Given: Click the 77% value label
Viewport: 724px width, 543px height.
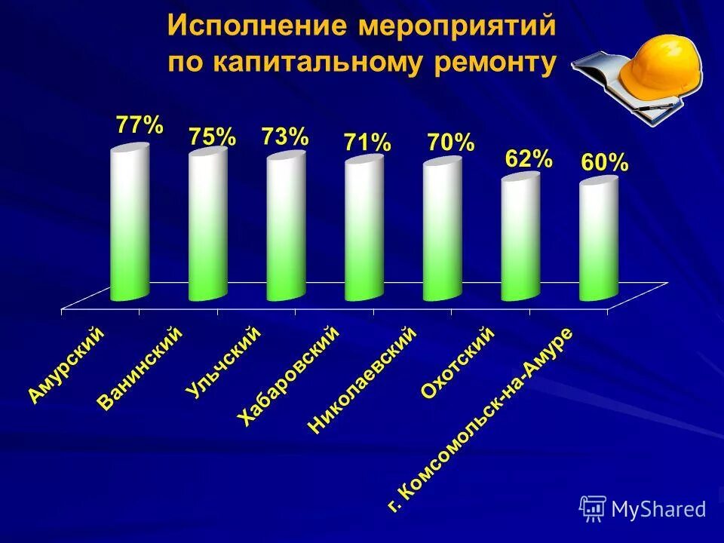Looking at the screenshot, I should click(x=139, y=125).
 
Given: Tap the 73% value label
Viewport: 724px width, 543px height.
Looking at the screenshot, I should click(x=285, y=137).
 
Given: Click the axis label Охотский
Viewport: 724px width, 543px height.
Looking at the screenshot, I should click(x=457, y=363).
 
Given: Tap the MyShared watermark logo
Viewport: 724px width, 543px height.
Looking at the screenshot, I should click(x=643, y=509).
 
